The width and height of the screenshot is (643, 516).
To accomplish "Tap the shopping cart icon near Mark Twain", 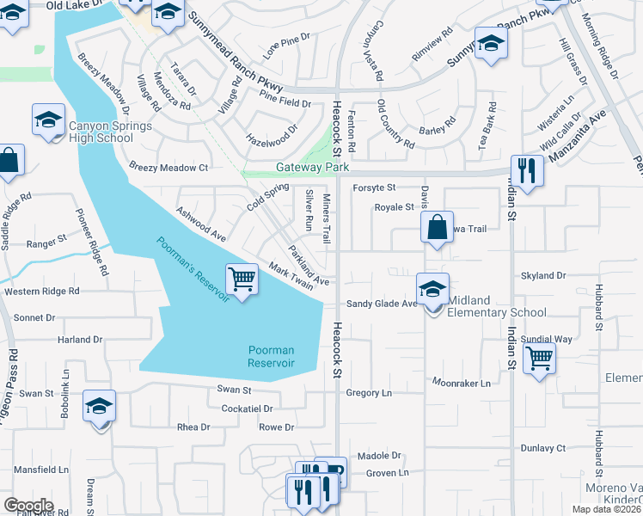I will tap(242, 279).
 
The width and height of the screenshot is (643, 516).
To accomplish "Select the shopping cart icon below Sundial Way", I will tap(539, 358).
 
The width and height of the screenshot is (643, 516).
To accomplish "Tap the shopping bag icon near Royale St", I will tap(437, 228).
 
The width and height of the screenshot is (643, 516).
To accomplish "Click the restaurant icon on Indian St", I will tap(526, 169).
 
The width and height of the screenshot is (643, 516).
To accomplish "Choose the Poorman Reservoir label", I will tap(271, 357).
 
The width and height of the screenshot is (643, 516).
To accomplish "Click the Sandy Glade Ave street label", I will tap(382, 304).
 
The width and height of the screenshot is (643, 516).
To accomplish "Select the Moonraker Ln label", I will tap(461, 382).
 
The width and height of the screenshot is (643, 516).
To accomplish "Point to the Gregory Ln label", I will tap(368, 392).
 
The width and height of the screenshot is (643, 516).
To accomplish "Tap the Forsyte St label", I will tap(373, 187).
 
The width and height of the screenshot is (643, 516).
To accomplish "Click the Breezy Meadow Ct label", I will tap(168, 167).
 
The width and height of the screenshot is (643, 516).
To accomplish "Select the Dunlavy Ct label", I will tap(543, 448).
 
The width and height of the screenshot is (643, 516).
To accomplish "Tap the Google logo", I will tap(28, 506).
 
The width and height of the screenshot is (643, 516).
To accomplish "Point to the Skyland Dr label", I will tap(543, 275).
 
